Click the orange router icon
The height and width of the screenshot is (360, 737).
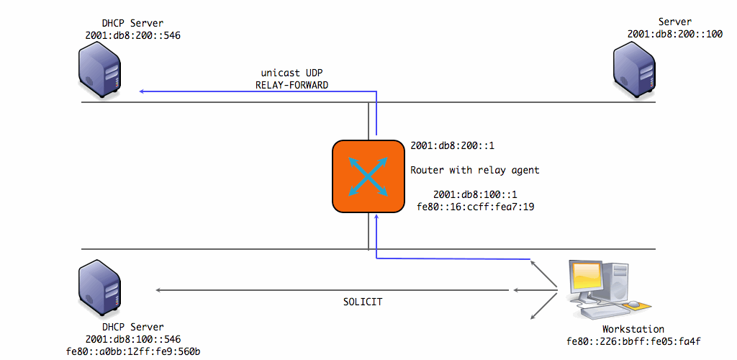point(368,176)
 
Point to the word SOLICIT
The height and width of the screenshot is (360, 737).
point(362,302)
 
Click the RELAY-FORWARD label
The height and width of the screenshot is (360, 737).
point(292,85)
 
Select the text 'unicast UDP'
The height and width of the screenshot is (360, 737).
point(292,73)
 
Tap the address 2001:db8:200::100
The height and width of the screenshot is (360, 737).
point(675,34)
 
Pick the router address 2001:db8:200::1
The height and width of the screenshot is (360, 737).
point(452,145)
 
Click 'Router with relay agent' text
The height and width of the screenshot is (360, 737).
point(474,171)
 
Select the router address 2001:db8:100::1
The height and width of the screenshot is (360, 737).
point(476,194)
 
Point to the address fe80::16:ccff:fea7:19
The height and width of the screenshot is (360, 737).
point(476,207)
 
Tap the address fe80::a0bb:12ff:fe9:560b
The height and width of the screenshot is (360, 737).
point(132,351)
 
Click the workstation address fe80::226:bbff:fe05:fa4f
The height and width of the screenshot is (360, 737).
point(634,341)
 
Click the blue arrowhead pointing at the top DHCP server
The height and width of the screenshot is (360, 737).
point(143,91)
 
